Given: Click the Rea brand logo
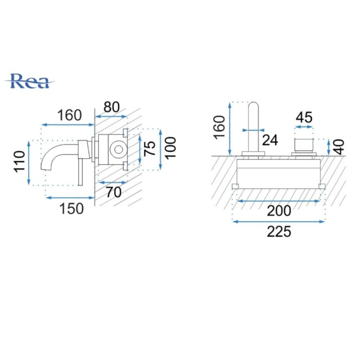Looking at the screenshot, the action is (x=30, y=81).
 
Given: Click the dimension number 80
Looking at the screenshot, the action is (x=112, y=107).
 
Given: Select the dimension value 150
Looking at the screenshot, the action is (x=71, y=209).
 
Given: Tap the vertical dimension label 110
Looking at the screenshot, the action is (x=20, y=161).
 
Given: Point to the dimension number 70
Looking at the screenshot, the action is (x=114, y=192).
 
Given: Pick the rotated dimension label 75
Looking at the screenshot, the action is (x=150, y=149).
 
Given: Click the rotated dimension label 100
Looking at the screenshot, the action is (x=170, y=148).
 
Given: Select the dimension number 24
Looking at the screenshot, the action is (x=270, y=140).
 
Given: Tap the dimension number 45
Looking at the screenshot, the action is (x=304, y=117).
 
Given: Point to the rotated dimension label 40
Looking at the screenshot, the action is (x=339, y=147).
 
